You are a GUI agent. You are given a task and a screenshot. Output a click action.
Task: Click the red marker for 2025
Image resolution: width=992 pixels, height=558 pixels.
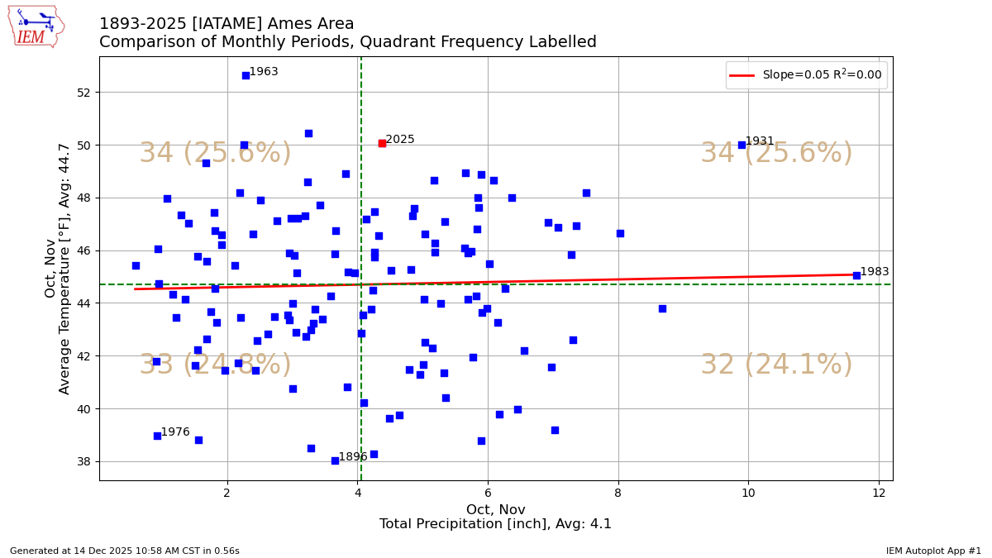(x=382, y=143)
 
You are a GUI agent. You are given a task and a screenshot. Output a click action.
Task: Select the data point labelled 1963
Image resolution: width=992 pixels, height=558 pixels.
(x=246, y=75)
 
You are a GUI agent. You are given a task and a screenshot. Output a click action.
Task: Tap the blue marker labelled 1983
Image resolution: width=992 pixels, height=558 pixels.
(x=856, y=275)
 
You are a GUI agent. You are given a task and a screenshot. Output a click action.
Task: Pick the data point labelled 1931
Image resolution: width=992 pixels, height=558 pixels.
(x=742, y=145)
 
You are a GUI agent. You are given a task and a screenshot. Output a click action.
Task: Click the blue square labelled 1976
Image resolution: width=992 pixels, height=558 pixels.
(x=157, y=436)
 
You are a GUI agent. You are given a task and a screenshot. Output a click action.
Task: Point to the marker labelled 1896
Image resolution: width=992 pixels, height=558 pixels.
(x=335, y=460)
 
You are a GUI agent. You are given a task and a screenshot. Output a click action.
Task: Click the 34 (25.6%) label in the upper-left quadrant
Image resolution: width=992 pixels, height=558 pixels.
(x=215, y=154)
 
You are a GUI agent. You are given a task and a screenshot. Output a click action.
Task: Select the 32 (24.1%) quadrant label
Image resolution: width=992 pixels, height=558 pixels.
(x=776, y=365)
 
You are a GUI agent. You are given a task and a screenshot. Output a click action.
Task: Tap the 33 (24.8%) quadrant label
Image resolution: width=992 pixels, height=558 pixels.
(x=215, y=365)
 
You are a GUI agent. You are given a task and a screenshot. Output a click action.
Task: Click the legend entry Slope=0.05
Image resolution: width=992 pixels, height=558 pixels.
(x=822, y=75)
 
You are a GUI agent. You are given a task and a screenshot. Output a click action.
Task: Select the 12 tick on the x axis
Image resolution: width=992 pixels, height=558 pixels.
(x=879, y=494)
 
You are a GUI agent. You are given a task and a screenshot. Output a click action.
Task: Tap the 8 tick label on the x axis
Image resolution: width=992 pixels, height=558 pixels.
(x=618, y=494)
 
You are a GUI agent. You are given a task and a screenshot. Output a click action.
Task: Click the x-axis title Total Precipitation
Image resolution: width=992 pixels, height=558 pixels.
(x=495, y=524)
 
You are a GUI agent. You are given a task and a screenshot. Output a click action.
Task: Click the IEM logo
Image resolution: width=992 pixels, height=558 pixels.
(x=36, y=26)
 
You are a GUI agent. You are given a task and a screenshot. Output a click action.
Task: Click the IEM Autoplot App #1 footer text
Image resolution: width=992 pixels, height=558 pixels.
(x=933, y=551)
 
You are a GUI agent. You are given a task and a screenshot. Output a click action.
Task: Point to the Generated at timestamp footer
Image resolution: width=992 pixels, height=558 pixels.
(x=125, y=551)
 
